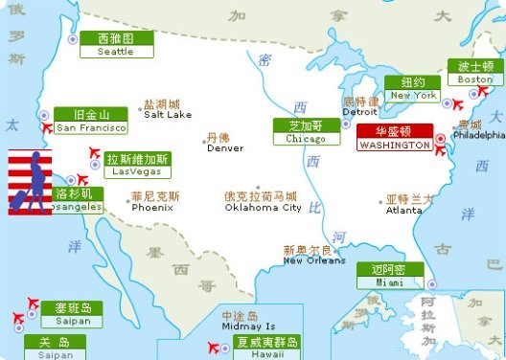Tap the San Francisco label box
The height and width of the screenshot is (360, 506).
(91, 121)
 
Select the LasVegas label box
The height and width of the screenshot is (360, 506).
(139, 166)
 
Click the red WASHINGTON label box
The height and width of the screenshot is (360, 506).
(395, 138)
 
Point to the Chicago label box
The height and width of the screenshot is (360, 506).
(300, 131)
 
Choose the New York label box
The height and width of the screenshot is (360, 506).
(412, 89)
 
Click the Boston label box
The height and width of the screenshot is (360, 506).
(474, 73)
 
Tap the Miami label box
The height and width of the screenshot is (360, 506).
(389, 276)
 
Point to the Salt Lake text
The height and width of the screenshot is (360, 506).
(168, 114)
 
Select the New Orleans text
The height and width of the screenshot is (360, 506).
(313, 259)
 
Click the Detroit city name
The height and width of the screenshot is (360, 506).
(360, 111)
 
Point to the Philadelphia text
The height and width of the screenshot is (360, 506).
(478, 135)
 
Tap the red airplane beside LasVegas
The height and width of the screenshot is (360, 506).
(94, 153)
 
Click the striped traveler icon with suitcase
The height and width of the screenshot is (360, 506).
(30, 182)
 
